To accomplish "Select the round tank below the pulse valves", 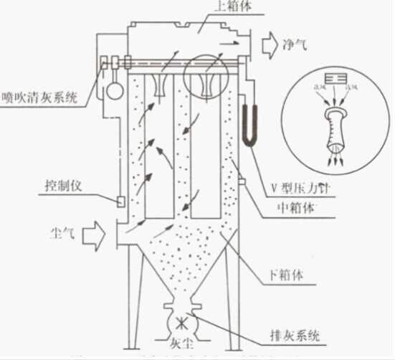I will [112, 92].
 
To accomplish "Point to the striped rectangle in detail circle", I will [335, 77].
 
